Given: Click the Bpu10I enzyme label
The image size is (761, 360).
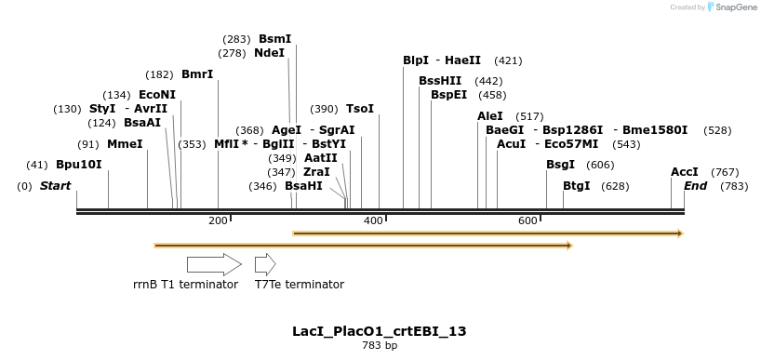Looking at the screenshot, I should coord(79,165).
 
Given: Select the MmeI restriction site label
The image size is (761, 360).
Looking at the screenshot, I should coord(125,144).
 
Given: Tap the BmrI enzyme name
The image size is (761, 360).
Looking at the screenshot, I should coord(197,73).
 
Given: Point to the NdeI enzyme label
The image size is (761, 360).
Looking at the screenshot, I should coord(269,53).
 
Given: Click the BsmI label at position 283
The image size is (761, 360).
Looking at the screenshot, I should coord(274,39).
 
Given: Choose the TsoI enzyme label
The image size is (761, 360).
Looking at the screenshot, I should coord(360,109).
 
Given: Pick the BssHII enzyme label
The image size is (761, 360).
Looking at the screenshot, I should coord(440,81).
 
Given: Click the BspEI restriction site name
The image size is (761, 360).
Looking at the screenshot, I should coord(448,95).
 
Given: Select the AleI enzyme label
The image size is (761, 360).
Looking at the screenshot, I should coord(490,115).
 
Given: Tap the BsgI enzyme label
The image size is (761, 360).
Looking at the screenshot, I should coord(560,165).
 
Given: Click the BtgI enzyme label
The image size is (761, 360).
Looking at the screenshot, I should coord(577,186).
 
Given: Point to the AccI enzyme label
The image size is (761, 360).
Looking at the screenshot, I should coord(685,172).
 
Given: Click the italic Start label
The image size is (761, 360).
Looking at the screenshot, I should coord(56,186).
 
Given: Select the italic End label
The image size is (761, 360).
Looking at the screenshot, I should coord(696,186).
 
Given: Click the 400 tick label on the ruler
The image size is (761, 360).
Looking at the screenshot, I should coord(373,220).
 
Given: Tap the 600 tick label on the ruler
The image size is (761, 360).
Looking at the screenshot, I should coord(527,220).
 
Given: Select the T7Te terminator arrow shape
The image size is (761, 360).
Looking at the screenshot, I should coord(265,264).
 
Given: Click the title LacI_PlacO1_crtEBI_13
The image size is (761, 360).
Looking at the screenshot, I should coord(380,331).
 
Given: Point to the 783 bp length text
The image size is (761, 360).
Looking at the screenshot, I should coord(380,345).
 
